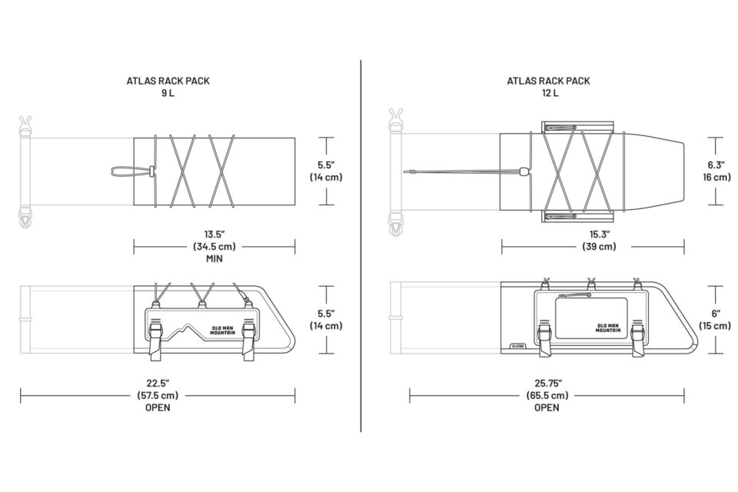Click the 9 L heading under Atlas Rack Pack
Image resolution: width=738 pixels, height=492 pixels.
click(168, 93)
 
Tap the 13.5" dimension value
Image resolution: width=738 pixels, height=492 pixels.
click(214, 234)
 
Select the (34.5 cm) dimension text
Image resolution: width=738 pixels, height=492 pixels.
click(214, 246)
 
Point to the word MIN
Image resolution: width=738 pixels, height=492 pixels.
click(214, 258)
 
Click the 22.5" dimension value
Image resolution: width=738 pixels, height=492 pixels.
click(158, 384)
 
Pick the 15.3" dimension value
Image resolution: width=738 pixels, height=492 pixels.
click(600, 234)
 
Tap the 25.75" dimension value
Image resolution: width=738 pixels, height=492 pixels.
click(547, 384)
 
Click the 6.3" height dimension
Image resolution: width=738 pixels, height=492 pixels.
click(716, 165)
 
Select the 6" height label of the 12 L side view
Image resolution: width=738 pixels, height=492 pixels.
click(716, 314)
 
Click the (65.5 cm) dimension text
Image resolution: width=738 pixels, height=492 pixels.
click(547, 395)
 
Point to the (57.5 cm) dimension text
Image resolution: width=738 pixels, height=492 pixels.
click(158, 395)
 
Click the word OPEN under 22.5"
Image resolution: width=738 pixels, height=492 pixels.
click(158, 407)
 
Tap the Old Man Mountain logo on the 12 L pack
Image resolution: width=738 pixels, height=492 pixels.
click(607, 327)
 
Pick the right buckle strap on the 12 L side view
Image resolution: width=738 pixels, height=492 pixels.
click(638, 338)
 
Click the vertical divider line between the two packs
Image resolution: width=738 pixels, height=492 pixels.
click(361, 246)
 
